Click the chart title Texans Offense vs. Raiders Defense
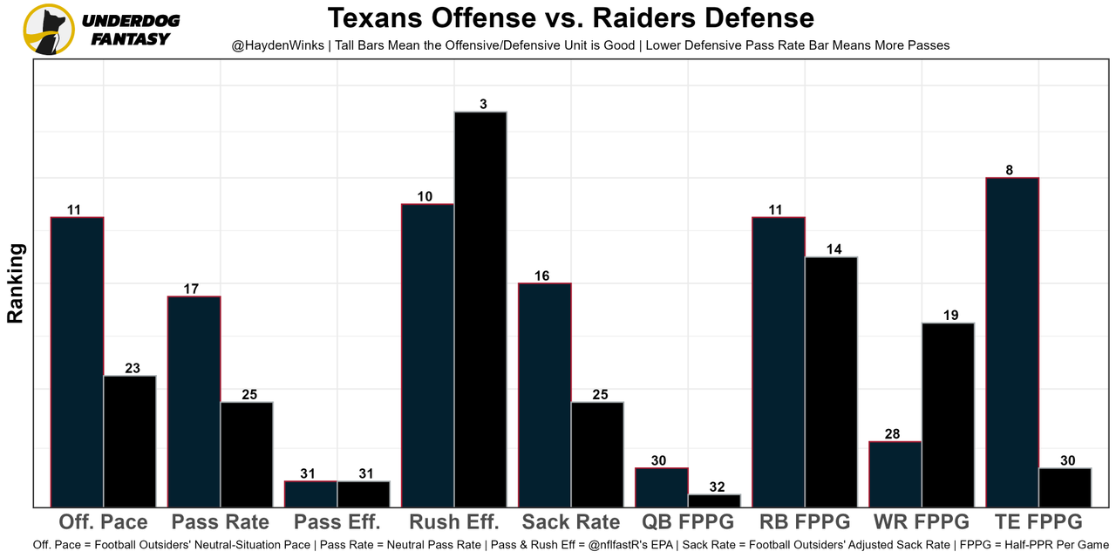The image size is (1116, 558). pyautogui.click(x=570, y=17)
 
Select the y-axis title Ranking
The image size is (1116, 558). pyautogui.click(x=16, y=283)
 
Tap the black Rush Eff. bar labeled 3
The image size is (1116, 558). pyautogui.click(x=480, y=309)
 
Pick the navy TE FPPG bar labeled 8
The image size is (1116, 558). pyautogui.click(x=1011, y=342)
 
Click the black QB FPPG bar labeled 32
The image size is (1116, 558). pyautogui.click(x=714, y=500)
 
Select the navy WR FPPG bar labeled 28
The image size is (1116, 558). pyautogui.click(x=895, y=474)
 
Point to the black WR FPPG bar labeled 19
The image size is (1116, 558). pyautogui.click(x=948, y=415)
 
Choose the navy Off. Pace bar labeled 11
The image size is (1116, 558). pyautogui.click(x=78, y=362)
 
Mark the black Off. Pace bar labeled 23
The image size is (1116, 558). pyautogui.click(x=130, y=441)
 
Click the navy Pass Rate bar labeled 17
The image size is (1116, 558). pyautogui.click(x=194, y=401)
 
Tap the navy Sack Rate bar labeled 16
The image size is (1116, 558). pyautogui.click(x=545, y=394)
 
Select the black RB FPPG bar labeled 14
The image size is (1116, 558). pyautogui.click(x=831, y=382)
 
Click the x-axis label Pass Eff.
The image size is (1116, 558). pyautogui.click(x=337, y=522)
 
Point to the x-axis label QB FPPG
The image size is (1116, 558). pyautogui.click(x=688, y=522)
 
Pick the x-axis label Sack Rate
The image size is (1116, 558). pyautogui.click(x=571, y=522)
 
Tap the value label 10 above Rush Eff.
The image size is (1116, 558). pyautogui.click(x=425, y=197)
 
